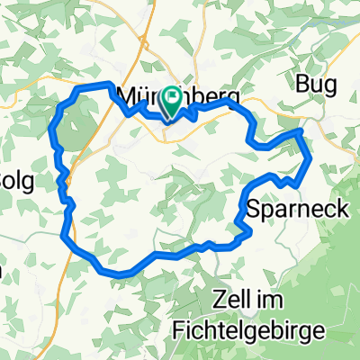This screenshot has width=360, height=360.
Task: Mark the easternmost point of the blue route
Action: coord(310,160)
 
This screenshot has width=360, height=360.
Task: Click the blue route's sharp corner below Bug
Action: coord(300,131)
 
